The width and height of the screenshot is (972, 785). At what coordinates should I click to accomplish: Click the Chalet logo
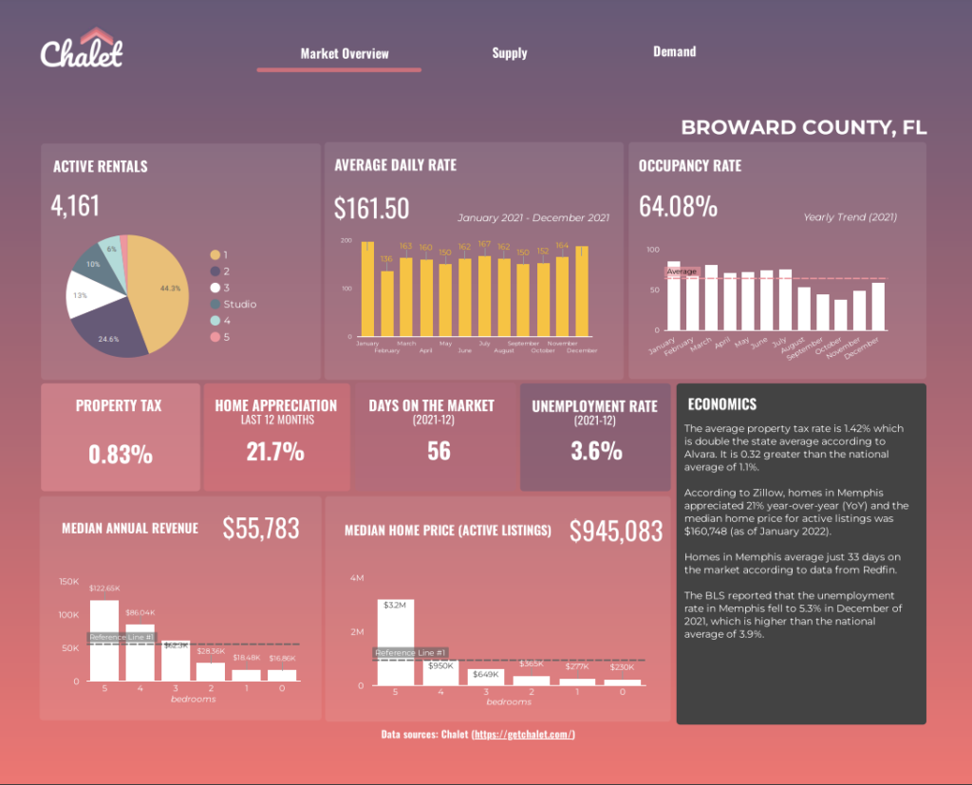[82, 49]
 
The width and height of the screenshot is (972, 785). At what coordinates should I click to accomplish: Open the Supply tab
[510, 53]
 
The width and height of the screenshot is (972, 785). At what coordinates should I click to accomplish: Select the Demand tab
[674, 51]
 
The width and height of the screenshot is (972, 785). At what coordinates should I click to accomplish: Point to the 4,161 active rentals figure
[76, 205]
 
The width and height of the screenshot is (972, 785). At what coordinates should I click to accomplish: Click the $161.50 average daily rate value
[372, 209]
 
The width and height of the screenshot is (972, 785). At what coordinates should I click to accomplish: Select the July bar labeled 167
[484, 296]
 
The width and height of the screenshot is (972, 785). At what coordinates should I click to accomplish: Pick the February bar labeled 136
[386, 304]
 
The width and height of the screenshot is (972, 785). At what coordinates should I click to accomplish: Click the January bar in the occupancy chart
[674, 295]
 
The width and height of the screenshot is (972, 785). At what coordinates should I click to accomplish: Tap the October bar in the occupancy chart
[840, 314]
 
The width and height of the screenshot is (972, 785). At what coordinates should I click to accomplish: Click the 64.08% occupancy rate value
[678, 206]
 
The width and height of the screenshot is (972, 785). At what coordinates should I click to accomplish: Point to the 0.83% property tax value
[121, 455]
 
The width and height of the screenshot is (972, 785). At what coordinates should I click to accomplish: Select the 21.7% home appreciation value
[275, 451]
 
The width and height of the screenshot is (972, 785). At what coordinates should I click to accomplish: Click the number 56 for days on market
[439, 451]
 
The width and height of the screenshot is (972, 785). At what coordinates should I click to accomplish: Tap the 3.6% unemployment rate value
[596, 451]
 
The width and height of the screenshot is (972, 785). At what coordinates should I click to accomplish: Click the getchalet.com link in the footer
[523, 735]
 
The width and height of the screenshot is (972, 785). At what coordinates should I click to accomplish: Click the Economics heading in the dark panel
[721, 404]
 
